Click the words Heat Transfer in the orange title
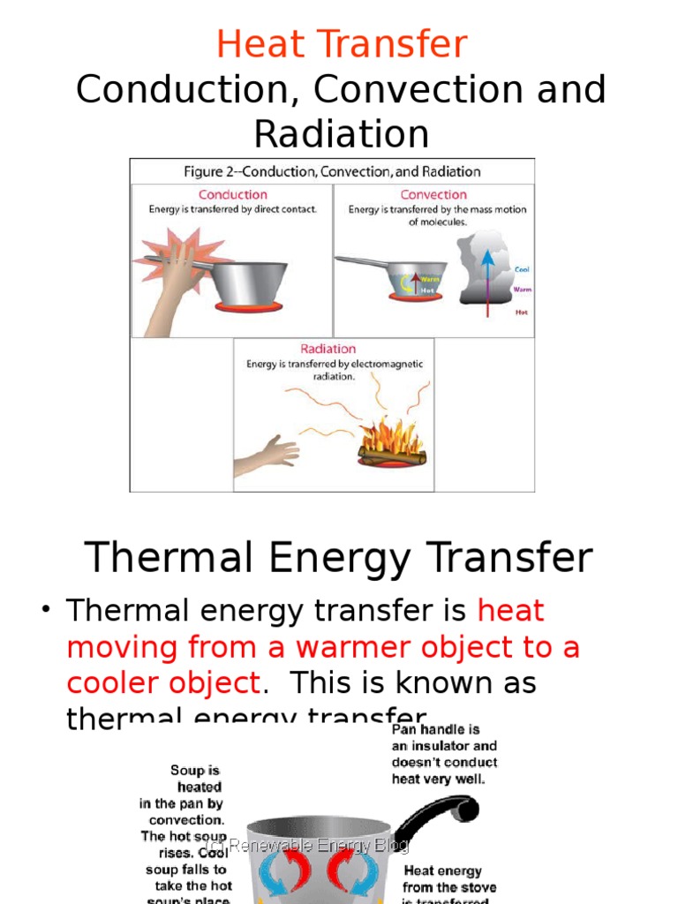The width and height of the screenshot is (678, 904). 341,44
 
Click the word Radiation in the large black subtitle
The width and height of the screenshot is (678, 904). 341,134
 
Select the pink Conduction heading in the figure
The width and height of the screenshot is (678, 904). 232,194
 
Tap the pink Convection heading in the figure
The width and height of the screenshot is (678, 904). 433,194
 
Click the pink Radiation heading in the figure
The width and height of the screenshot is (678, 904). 328,349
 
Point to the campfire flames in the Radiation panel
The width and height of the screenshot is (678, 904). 391,437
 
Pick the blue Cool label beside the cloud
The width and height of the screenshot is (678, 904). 523,269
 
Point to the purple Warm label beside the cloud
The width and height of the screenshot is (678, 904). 523,289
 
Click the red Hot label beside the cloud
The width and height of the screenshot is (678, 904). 522,312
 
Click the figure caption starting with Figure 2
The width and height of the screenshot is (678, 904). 332,171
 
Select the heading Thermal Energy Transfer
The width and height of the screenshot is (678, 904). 338,558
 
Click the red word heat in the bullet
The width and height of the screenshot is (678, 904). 510,610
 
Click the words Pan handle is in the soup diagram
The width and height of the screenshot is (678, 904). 435,730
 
